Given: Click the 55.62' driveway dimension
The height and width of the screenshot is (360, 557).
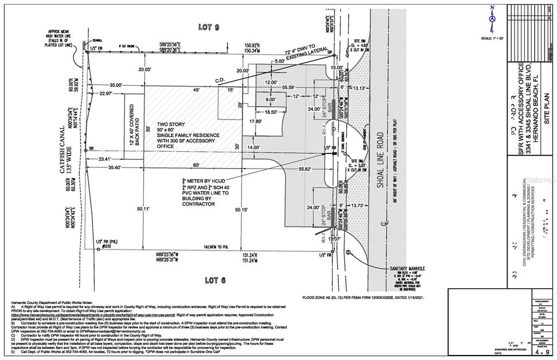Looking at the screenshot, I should click(305, 170).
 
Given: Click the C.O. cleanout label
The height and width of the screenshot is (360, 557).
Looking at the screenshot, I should click(220, 80).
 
